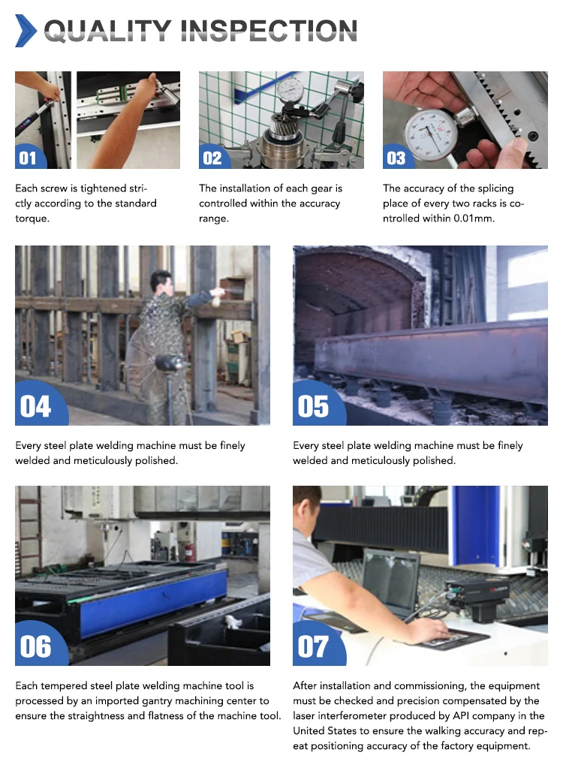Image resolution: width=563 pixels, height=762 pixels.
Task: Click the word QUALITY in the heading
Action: (107, 31)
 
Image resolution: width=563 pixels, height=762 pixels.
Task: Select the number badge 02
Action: (212, 158)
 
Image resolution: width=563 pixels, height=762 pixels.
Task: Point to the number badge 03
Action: (396, 158)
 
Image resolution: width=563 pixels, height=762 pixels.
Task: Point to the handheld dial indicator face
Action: (430, 134)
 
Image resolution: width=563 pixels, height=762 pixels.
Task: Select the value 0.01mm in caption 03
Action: (474, 218)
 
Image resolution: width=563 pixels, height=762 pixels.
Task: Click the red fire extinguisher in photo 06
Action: (189, 552)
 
